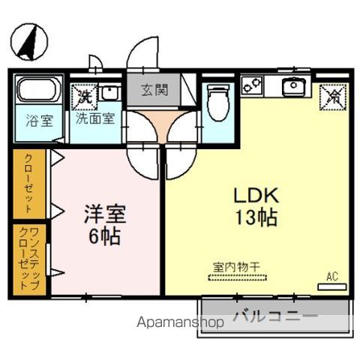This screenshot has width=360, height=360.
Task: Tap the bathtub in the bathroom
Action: tap(38, 91)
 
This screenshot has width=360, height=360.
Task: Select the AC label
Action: tap(332, 277)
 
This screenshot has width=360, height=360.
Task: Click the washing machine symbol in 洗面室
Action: tap(83, 96)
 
